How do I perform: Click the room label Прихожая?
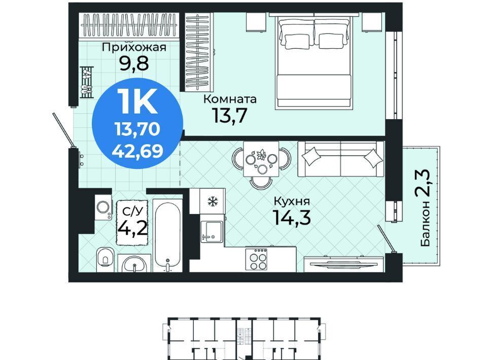134,47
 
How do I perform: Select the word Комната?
230,99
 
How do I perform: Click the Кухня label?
292,202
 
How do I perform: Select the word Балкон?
426,224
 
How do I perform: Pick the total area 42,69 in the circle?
137,151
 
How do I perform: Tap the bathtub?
167,236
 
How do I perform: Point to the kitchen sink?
212,232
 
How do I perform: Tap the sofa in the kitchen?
341,159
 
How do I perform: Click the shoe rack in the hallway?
86,82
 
